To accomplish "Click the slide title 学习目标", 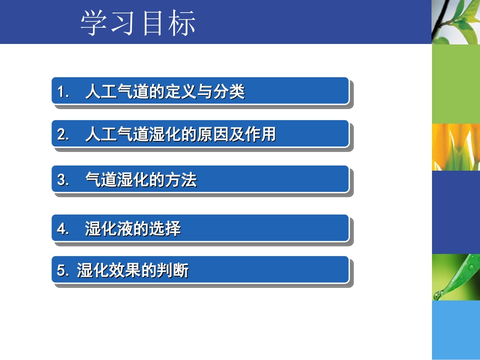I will coord(138,24).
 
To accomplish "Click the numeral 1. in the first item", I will coord(63,92).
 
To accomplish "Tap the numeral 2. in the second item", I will coord(63,135).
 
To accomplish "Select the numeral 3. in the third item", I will coord(63,180).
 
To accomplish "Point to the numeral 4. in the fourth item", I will coord(63,229).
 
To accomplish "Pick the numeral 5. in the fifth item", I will coord(63,271).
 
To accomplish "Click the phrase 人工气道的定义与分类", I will coord(165,92).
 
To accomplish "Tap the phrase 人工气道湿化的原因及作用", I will coord(180,135).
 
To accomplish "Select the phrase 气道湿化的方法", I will coord(141,180).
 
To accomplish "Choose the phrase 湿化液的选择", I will coord(133,229).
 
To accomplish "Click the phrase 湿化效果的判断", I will coord(133,271).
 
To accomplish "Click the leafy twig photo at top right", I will coord(455,22).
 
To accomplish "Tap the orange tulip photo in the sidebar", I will coord(455,147).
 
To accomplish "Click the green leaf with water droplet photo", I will coord(455,277).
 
